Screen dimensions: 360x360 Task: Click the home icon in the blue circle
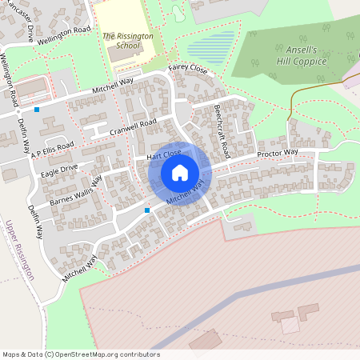[x=180, y=172]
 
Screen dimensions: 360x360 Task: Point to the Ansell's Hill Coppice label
[x=297, y=54]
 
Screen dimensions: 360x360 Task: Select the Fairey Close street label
[x=187, y=70]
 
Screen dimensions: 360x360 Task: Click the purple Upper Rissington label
[x=20, y=250]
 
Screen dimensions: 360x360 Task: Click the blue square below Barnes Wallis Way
[x=147, y=210]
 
